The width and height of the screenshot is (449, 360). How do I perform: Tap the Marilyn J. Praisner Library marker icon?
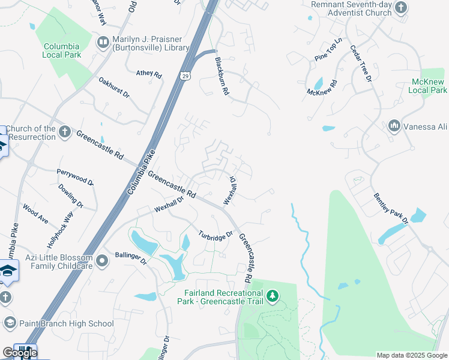(103, 42)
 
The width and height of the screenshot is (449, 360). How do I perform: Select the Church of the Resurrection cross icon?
(65, 131)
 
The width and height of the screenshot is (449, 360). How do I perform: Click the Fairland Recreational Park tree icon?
(273, 296)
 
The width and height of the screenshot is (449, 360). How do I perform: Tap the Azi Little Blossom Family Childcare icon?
(102, 260)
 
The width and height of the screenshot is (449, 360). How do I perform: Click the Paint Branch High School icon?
(10, 323)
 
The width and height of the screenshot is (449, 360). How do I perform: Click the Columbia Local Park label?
(61, 50)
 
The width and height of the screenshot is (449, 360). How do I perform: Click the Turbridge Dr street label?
(215, 237)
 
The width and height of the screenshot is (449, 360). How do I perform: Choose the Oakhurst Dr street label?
(113, 87)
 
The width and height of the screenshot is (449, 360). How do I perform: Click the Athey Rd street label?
(149, 74)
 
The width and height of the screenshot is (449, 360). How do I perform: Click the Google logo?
(19, 353)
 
